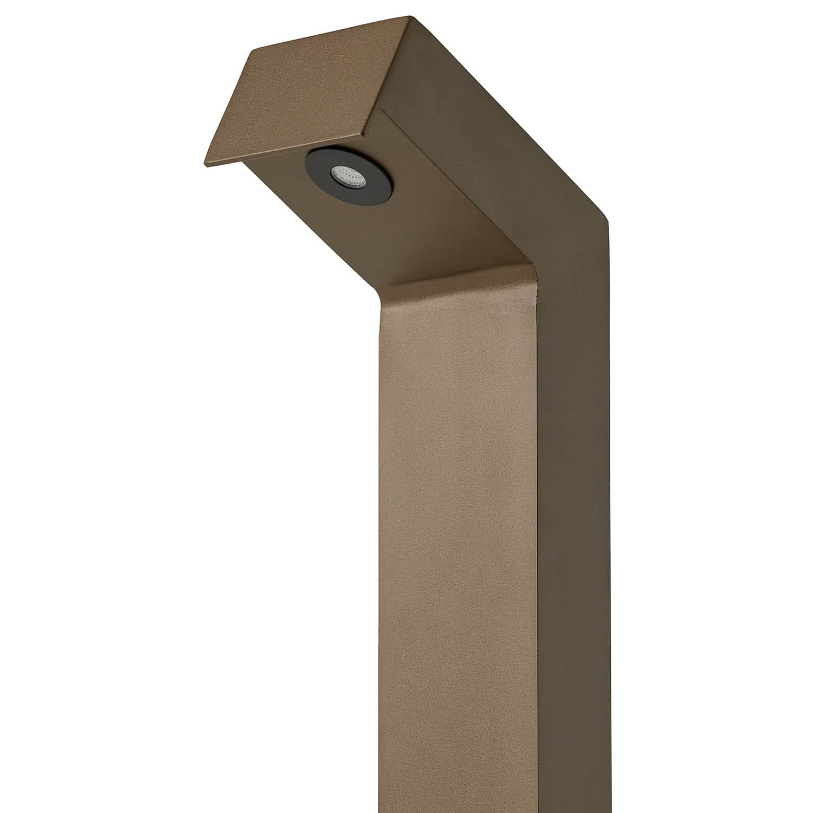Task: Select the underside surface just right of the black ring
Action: tap(434, 217)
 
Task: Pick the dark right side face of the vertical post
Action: tap(575, 542)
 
